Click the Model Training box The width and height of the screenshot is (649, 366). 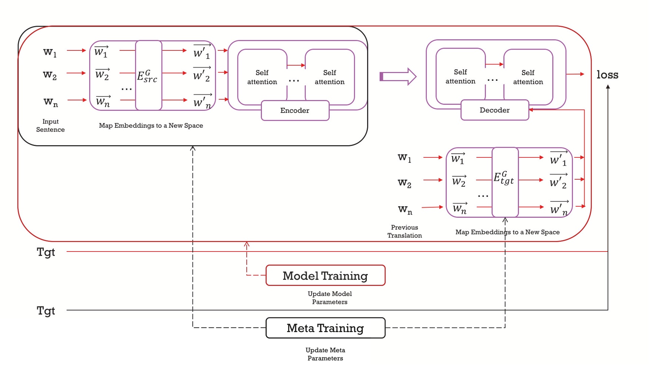325,275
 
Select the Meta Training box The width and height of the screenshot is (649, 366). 325,328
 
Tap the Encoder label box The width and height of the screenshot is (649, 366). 295,110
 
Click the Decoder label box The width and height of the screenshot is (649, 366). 495,110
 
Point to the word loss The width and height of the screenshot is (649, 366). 607,75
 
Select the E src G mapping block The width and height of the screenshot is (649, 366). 149,76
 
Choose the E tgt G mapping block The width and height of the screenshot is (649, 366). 505,182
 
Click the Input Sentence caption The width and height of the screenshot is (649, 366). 50,126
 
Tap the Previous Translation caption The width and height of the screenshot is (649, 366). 405,231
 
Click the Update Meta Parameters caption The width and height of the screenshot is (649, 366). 325,354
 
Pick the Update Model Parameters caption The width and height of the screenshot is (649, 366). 330,297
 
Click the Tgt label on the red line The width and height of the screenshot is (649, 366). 46,252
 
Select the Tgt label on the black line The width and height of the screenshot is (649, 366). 46,310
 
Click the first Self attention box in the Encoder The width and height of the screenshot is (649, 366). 262,77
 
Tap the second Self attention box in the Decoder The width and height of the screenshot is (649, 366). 528,77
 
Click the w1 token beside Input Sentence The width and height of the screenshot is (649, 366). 50,52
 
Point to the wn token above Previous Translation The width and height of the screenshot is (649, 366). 405,209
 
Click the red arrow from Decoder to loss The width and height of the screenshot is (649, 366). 575,74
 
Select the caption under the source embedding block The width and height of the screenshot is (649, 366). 151,126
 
